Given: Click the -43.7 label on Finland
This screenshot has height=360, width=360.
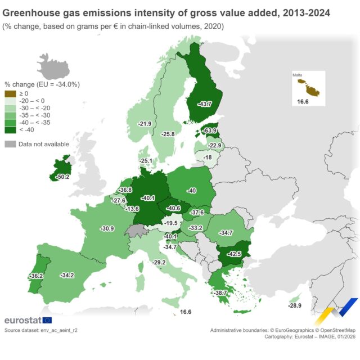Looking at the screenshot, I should (204, 104).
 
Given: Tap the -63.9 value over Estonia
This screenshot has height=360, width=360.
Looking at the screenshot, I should (210, 130).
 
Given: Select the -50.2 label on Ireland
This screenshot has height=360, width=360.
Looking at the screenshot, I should (63, 177).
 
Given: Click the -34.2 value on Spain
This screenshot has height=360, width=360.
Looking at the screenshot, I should (66, 275).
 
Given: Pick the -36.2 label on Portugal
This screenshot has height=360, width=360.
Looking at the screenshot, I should (35, 276).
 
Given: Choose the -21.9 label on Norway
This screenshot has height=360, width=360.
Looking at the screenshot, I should (145, 124).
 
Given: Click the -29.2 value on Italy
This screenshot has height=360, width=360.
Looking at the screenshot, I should (159, 262).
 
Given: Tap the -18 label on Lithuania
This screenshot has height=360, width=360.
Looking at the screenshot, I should (208, 157).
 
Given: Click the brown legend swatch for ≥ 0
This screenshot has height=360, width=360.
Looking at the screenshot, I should (10, 93).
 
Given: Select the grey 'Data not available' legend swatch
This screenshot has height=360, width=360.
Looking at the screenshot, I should (10, 144).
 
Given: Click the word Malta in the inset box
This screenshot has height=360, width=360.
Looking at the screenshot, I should (298, 74).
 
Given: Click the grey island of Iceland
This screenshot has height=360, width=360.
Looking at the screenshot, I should (53, 66).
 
